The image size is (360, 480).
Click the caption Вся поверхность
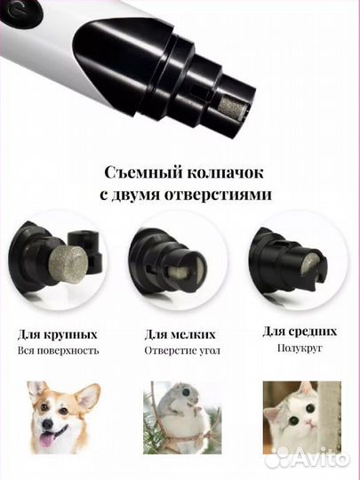[x=57, y=351]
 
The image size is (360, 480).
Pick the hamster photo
[x=180, y=418]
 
